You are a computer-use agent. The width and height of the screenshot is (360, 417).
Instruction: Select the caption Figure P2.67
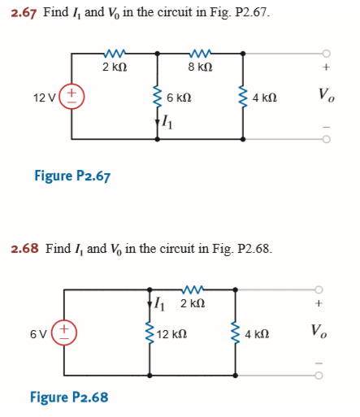(72, 176)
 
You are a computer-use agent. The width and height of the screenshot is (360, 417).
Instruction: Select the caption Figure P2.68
(68, 397)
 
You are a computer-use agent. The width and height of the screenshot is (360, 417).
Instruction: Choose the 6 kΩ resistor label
(179, 97)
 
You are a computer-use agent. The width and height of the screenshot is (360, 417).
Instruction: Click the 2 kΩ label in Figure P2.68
(193, 304)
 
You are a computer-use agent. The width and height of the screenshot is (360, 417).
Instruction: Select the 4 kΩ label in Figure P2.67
(265, 97)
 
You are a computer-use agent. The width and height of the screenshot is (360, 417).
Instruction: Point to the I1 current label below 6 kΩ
(167, 123)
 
